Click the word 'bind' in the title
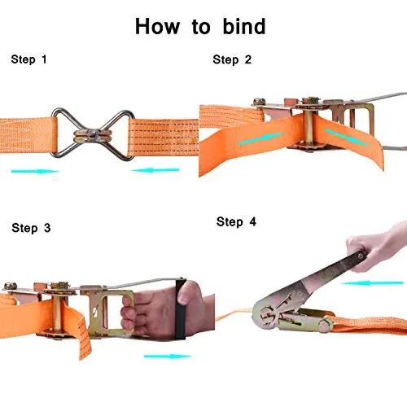tap(244, 26)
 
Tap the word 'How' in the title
tap(157, 26)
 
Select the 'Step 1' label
tap(28, 59)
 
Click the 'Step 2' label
tap(232, 59)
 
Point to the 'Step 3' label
tap(31, 228)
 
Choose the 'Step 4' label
tap(236, 221)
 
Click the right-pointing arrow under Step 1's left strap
tap(35, 171)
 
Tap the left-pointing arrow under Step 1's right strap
tap(155, 170)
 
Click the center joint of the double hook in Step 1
tap(93, 135)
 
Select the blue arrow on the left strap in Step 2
tap(262, 138)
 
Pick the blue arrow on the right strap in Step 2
tap(348, 138)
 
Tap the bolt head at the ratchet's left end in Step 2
tap(259, 102)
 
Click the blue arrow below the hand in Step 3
tap(168, 356)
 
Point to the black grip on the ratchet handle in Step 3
tap(181, 309)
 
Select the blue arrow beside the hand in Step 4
tap(372, 283)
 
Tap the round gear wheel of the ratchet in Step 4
tap(267, 315)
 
